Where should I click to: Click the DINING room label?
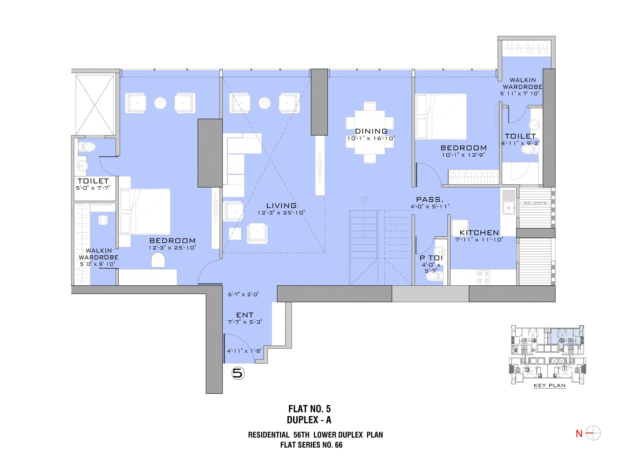371,131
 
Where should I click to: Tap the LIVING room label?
281,206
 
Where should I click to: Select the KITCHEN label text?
479,233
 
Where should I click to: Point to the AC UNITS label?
535,203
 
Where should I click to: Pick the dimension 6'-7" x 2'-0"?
243,294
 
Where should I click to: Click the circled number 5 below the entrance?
238,373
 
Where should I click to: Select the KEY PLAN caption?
549,385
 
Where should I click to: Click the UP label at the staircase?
365,199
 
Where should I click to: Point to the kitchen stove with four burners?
483,277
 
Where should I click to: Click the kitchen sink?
509,202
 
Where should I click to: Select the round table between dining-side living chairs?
264,103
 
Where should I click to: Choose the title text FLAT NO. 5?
310,409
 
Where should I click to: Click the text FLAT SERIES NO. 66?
311,445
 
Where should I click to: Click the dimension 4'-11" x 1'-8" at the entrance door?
244,351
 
